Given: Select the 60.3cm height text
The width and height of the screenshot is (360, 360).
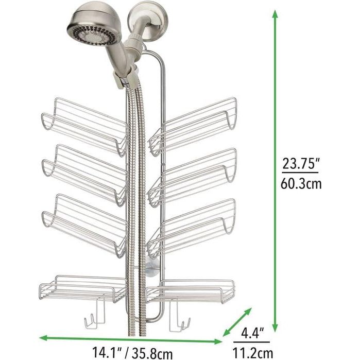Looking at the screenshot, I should click(x=301, y=183).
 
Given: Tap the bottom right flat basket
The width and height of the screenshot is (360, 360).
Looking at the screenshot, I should click(x=191, y=292).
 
